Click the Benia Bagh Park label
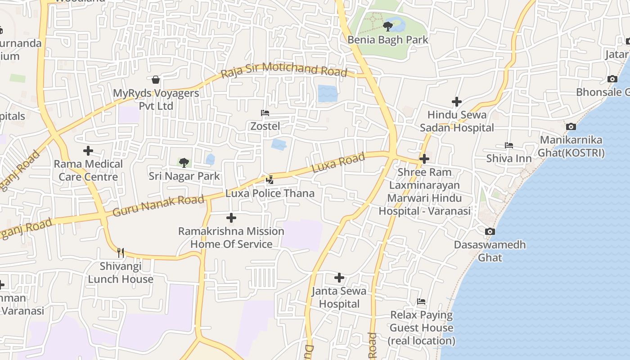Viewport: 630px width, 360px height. point(387,40)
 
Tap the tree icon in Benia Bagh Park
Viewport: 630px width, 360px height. point(387,27)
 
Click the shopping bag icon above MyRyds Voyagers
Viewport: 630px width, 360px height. point(156,80)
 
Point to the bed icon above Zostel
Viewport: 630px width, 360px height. point(265,113)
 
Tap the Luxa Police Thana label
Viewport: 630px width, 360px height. point(270,193)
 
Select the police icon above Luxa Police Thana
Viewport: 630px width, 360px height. point(270,180)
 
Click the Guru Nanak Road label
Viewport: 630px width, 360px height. point(158,205)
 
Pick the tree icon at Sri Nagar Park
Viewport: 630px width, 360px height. point(184,162)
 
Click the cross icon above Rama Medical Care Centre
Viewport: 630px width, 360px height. point(88,151)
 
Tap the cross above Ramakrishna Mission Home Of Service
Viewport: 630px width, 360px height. point(231,218)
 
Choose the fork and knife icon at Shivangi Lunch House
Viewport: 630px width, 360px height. point(120,252)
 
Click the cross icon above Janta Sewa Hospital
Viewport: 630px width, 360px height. point(339,278)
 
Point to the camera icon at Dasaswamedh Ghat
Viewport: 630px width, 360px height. point(490,232)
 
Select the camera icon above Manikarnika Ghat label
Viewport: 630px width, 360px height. point(571,127)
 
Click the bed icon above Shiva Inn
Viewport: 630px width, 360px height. point(509,145)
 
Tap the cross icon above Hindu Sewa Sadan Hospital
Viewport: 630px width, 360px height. point(457,102)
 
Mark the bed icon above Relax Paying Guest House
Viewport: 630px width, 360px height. point(421,301)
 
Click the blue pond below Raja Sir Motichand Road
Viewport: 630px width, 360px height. point(327,94)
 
